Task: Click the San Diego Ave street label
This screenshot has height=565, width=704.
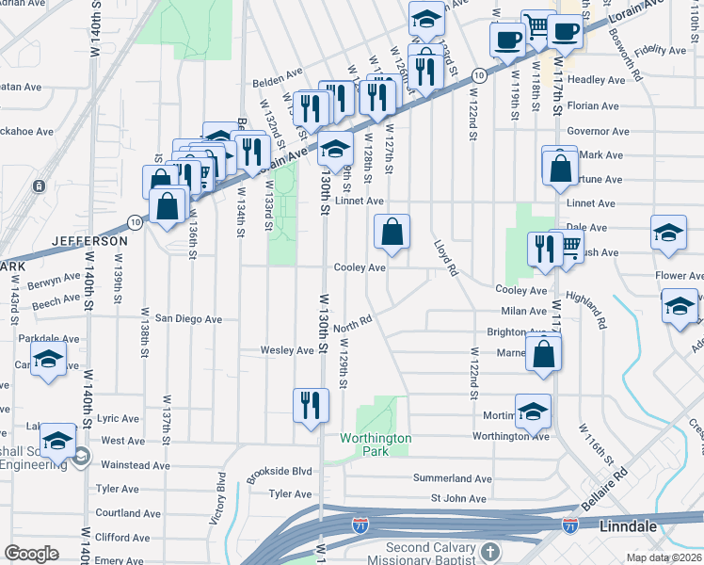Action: (x=188, y=319)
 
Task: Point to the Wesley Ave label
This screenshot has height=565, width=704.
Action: (x=287, y=350)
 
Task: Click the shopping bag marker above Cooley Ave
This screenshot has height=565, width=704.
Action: (x=392, y=232)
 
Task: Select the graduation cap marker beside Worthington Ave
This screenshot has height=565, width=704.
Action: (x=533, y=411)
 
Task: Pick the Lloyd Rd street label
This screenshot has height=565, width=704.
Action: (x=446, y=256)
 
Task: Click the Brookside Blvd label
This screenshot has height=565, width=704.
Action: (x=280, y=471)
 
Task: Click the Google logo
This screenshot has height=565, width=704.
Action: (x=31, y=554)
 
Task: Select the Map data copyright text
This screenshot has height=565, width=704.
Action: (x=663, y=557)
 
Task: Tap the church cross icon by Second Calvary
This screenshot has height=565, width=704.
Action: (x=488, y=551)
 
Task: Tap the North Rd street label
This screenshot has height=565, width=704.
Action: (x=354, y=323)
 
